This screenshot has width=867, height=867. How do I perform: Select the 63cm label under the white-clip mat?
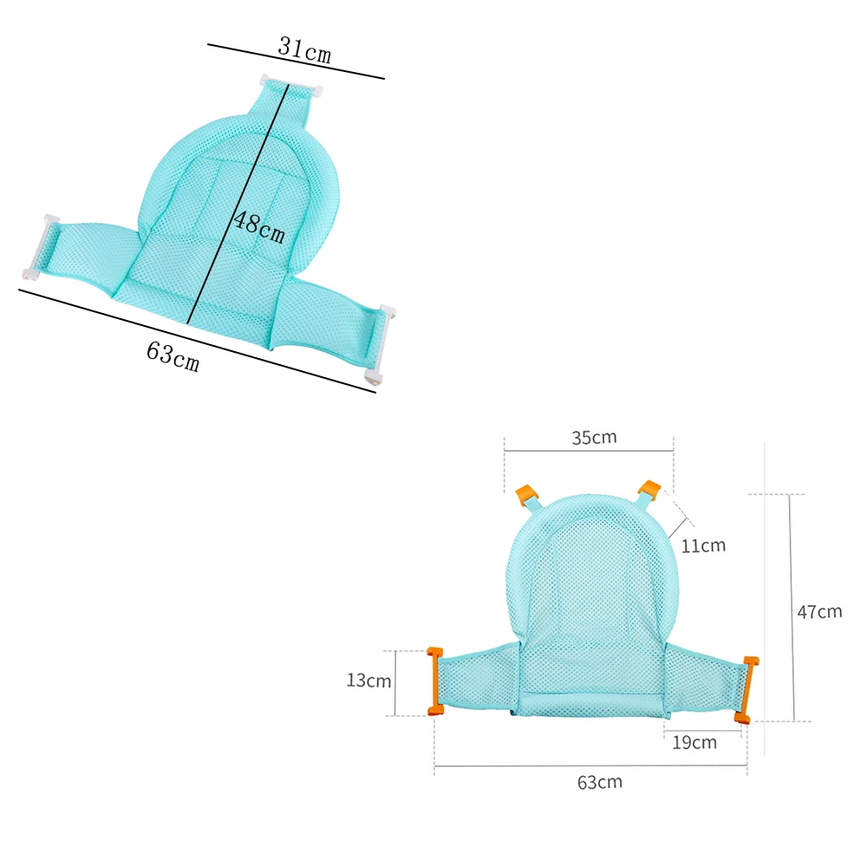pyautogui.click(x=173, y=356)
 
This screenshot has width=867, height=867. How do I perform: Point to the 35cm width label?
pyautogui.click(x=594, y=437)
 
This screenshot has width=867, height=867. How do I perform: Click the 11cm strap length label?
pyautogui.click(x=703, y=546)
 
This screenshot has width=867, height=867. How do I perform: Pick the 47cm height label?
pyautogui.click(x=819, y=611)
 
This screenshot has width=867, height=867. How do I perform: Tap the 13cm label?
pyautogui.click(x=368, y=681)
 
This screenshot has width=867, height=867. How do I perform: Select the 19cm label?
pyautogui.click(x=694, y=742)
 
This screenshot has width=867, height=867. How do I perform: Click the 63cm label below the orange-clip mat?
pyautogui.click(x=600, y=782)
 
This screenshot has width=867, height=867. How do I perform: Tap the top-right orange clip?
pyautogui.click(x=649, y=491)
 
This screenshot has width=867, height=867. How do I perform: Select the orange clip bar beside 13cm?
pyautogui.click(x=435, y=681)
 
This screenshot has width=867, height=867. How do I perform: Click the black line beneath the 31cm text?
pyautogui.click(x=295, y=62)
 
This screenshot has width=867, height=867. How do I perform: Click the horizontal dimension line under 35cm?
pyautogui.click(x=589, y=451)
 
